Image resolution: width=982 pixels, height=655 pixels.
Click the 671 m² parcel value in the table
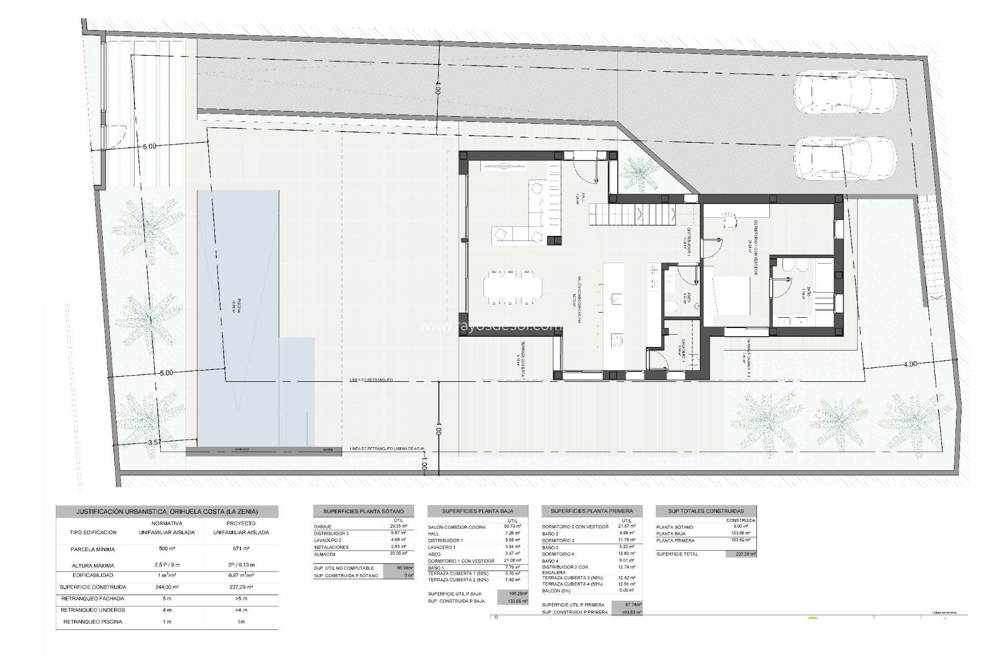point(241,550)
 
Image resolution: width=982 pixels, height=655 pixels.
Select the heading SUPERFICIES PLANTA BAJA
point(477,511)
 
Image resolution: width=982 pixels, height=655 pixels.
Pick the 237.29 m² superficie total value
point(741,554)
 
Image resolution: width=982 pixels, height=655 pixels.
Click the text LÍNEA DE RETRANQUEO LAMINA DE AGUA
point(387,449)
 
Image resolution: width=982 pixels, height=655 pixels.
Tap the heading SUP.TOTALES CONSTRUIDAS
point(706,511)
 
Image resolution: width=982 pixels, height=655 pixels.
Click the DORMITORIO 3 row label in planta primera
point(558,540)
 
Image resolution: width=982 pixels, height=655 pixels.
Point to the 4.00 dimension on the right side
point(910,364)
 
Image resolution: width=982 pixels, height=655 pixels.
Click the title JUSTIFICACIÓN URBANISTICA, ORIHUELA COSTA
point(167,511)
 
